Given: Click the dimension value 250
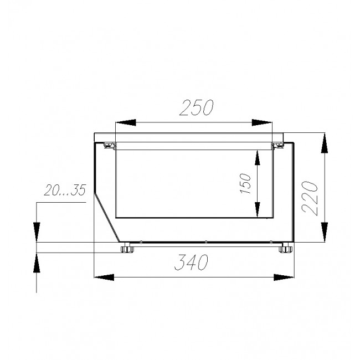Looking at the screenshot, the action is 196,107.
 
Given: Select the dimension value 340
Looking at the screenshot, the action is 191,262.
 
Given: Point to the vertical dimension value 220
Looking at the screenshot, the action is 310,198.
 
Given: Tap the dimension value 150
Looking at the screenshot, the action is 245,183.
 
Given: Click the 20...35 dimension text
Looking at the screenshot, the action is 65,190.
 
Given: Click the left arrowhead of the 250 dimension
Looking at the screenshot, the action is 126,122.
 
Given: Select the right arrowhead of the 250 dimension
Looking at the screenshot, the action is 262,122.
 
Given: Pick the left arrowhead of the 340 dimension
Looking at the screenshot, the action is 104,277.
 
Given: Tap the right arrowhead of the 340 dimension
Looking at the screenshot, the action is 284,277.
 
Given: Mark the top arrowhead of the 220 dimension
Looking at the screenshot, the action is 324,143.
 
